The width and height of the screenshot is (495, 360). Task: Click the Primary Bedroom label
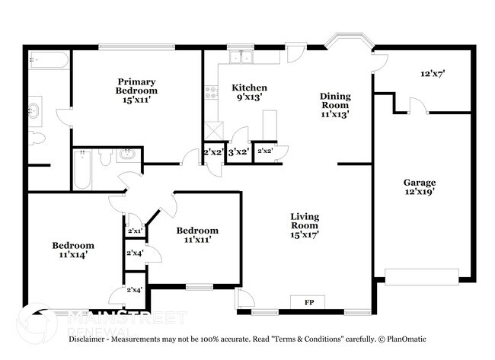coord(136,91)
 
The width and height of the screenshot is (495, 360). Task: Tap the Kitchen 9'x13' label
coord(250,93)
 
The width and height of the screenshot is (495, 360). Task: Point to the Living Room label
coord(305,225)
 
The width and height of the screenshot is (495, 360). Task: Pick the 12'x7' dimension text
coord(432,75)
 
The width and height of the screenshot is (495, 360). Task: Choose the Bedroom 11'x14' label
coord(73,250)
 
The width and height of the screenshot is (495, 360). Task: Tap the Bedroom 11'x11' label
coord(197,235)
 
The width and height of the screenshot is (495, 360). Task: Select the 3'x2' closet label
coord(239,152)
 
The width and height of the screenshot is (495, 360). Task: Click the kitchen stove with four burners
coord(211,95)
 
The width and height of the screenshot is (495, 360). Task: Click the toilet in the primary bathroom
coord(37,138)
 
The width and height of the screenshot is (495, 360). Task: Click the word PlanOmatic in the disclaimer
coord(406,339)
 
